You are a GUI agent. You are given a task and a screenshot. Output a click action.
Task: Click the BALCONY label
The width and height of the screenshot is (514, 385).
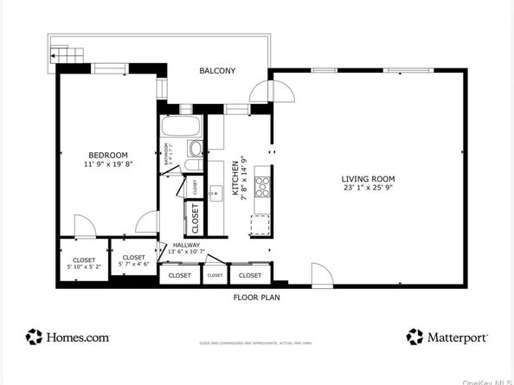(x=217, y=71)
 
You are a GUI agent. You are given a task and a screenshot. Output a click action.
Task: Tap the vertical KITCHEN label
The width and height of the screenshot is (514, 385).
(x=235, y=183)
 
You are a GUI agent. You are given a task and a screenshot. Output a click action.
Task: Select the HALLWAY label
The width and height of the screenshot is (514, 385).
(x=185, y=245)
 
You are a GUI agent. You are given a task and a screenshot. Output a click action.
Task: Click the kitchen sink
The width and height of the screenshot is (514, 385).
(x=216, y=193)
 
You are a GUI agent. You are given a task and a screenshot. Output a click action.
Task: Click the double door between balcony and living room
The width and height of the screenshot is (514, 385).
(x=270, y=91)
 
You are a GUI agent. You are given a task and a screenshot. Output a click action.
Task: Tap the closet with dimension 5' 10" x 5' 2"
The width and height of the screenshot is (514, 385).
(x=84, y=262)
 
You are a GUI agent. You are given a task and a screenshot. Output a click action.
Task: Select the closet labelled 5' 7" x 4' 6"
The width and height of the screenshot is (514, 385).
(x=133, y=260)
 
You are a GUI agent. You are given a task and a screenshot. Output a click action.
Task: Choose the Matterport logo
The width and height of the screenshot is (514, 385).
(x=447, y=337)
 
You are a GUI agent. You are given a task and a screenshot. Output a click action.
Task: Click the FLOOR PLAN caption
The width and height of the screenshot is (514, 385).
(x=256, y=297)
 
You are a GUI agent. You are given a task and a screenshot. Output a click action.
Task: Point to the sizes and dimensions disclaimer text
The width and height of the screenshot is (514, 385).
(x=256, y=343)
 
